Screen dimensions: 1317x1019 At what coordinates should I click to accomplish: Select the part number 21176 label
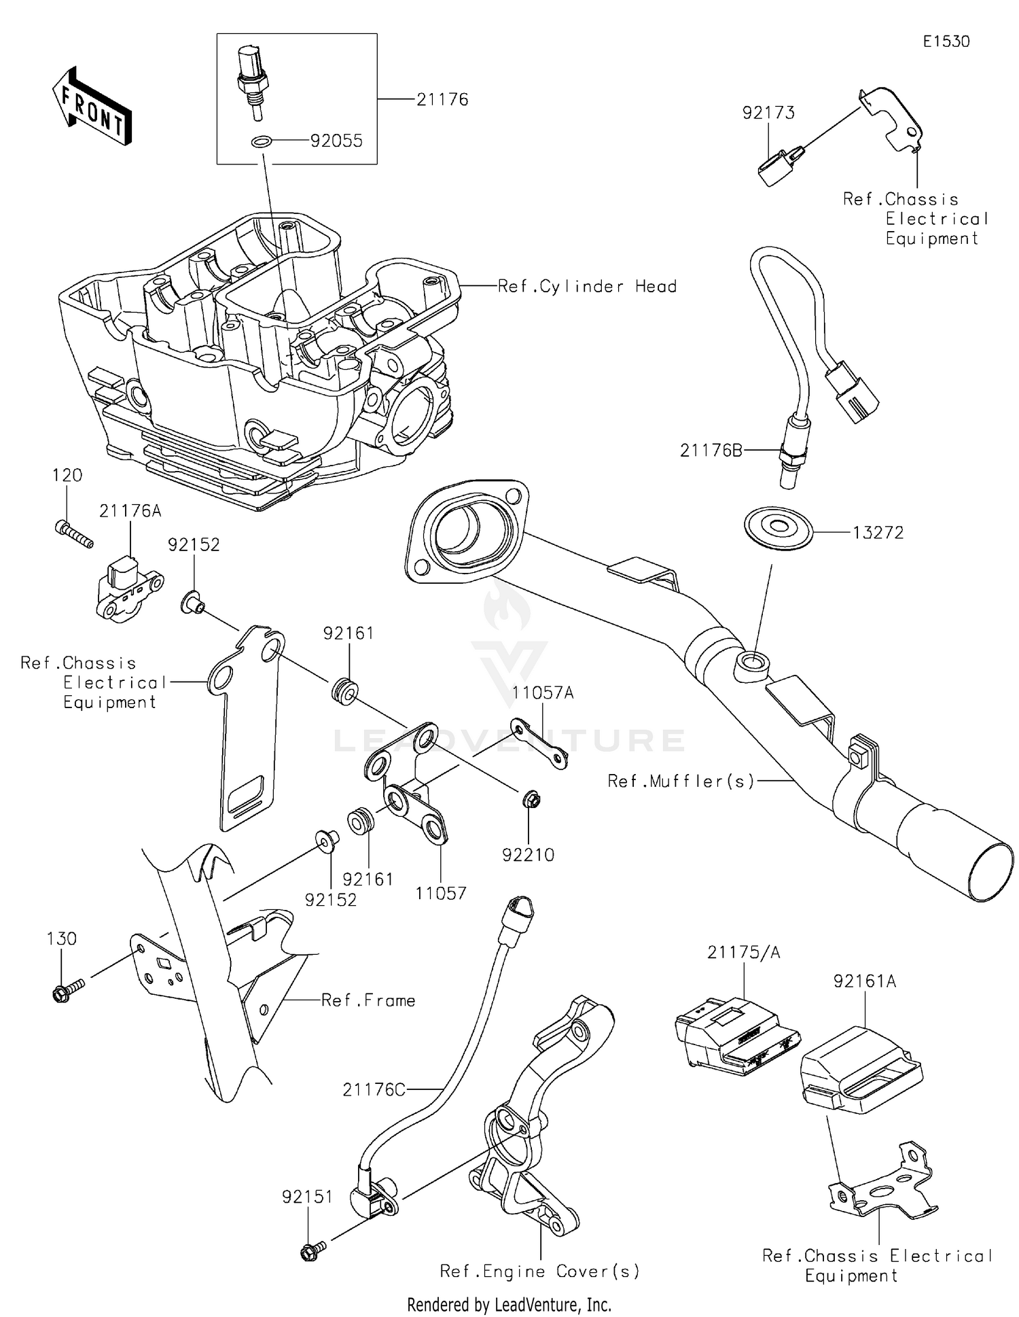tap(442, 100)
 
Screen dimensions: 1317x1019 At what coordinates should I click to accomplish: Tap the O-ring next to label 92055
tap(262, 142)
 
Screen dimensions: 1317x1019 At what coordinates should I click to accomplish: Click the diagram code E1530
tap(946, 41)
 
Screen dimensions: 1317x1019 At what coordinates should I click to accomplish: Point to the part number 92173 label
tap(768, 113)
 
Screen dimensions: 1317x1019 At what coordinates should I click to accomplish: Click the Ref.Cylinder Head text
tap(587, 287)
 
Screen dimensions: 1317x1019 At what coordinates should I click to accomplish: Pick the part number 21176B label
tap(711, 450)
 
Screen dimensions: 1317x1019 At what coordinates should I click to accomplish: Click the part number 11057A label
tap(543, 692)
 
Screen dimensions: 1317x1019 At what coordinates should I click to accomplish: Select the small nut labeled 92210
tap(532, 800)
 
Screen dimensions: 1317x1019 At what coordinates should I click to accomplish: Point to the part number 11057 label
tap(441, 893)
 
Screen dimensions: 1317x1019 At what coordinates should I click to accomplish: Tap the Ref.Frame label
tap(368, 1000)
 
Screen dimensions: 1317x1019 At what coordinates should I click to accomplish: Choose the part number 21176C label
tap(374, 1089)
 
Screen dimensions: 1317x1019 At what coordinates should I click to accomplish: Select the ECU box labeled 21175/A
tap(737, 1036)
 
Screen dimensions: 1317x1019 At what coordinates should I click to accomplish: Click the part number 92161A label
tap(865, 981)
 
